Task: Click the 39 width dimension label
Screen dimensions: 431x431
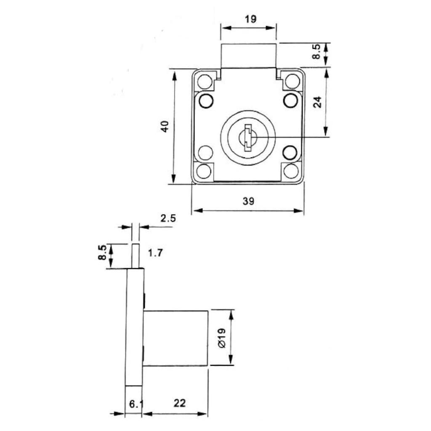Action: pos(248,201)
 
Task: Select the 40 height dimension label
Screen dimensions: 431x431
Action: pos(165,126)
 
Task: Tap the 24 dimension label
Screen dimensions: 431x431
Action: pos(317,102)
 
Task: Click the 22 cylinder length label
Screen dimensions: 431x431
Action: pos(179,403)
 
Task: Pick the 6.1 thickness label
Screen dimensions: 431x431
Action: pos(136,404)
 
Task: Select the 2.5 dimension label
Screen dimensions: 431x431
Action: pos(168,218)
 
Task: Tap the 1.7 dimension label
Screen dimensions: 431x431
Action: pos(156,253)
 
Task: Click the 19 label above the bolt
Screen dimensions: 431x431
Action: pos(250,19)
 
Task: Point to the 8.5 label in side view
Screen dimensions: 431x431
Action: pos(102,253)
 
